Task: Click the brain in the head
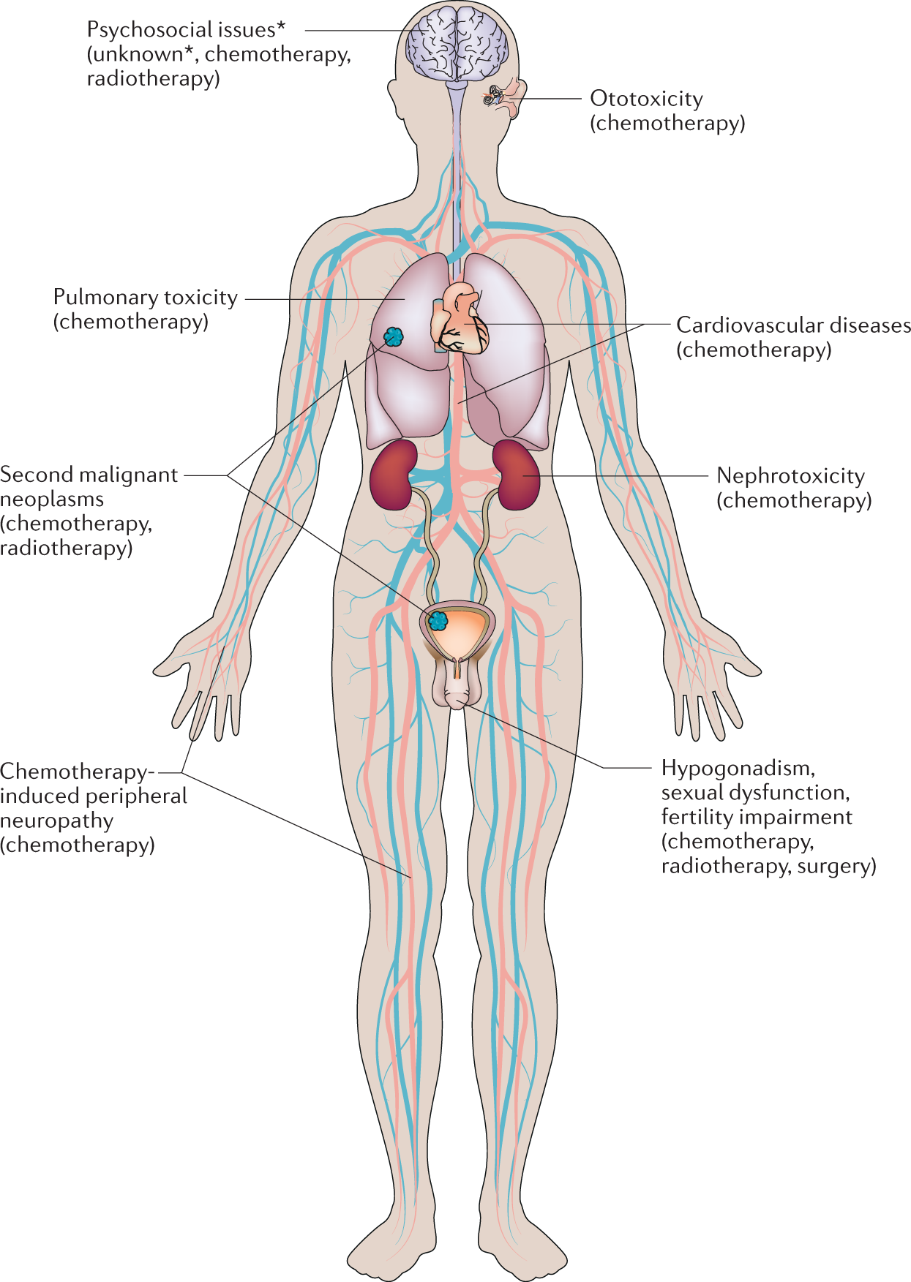(x=457, y=44)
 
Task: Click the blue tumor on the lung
(x=394, y=336)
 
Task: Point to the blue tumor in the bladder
(x=438, y=621)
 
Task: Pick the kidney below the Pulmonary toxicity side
(x=391, y=474)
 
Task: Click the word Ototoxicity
(x=646, y=99)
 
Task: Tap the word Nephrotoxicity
(x=790, y=476)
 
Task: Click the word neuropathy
(x=56, y=821)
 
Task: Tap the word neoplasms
(x=52, y=499)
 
